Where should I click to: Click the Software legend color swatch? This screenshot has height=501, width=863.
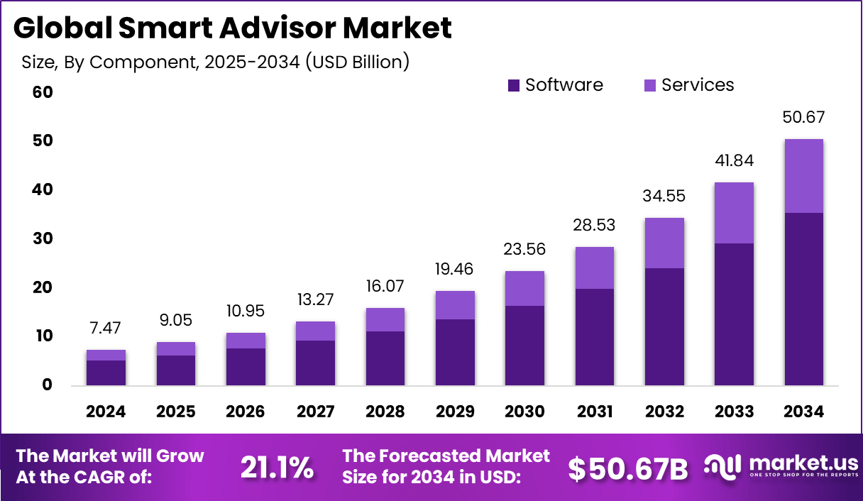[x=515, y=86]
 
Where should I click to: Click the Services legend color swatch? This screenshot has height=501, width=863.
[x=650, y=86]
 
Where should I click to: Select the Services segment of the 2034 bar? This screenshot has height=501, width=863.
[x=803, y=176]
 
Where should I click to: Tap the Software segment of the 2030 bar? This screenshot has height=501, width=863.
[x=525, y=346]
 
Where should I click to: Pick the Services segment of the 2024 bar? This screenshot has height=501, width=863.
[x=106, y=355]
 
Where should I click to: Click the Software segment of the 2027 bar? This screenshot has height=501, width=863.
[x=315, y=363]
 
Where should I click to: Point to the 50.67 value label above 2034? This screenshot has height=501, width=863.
[x=803, y=117]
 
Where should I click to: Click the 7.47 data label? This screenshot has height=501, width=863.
[x=106, y=328]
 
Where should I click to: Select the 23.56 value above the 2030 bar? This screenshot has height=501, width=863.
[x=525, y=249]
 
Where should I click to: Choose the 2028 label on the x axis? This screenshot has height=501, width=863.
[x=385, y=412]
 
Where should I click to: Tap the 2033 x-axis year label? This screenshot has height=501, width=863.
[x=734, y=412]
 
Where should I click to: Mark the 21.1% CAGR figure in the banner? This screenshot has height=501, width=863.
[x=277, y=467]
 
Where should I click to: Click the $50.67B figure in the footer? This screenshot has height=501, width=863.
[x=628, y=468]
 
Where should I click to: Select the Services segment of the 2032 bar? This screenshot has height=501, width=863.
[x=664, y=243]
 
